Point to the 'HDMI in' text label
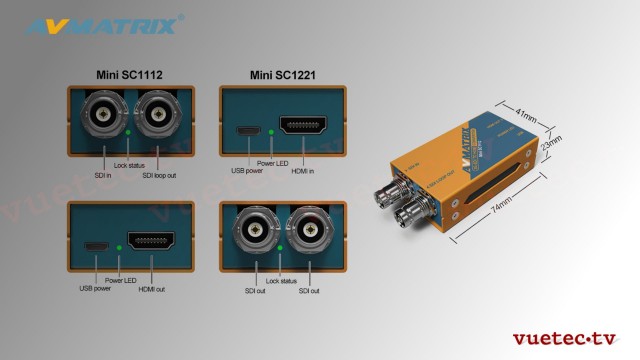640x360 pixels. click(300, 171)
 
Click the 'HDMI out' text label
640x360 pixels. click(152, 289)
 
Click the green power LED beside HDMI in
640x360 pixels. click(272, 131)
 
